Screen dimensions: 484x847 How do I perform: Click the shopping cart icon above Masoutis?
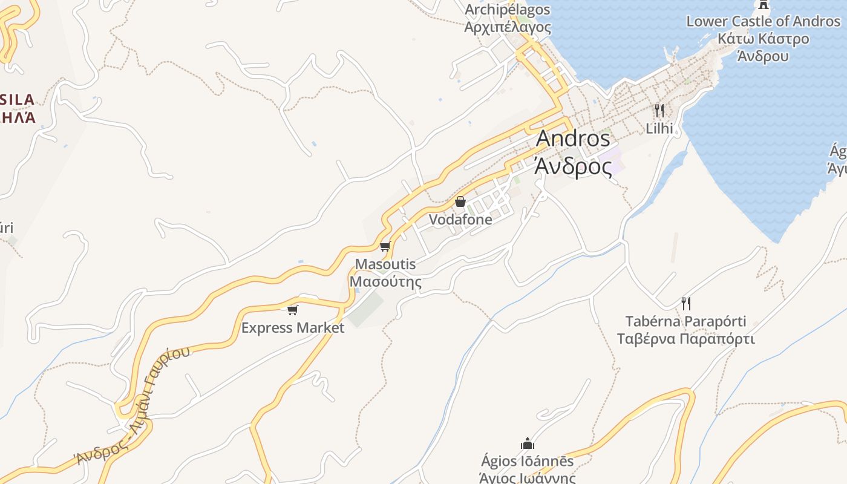(x=385, y=246)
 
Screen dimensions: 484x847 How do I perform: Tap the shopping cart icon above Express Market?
(x=293, y=310)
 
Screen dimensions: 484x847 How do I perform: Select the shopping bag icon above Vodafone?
(x=460, y=201)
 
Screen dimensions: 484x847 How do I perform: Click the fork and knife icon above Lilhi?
(x=659, y=111)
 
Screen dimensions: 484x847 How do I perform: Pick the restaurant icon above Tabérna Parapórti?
(x=685, y=303)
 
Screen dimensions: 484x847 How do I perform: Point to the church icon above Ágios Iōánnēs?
(x=528, y=443)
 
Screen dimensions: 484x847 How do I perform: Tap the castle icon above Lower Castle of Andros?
(x=764, y=5)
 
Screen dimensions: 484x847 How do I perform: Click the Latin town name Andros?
(x=573, y=139)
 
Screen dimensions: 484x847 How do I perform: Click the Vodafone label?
(x=460, y=220)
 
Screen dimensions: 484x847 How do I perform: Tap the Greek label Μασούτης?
(x=385, y=282)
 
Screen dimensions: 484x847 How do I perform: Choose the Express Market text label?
(x=293, y=328)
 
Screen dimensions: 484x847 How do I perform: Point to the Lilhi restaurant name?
(x=659, y=128)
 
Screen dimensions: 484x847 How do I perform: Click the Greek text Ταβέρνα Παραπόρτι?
(x=685, y=338)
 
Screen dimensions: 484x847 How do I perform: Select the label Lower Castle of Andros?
(x=763, y=21)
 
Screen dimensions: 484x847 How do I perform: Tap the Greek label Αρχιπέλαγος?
(x=508, y=27)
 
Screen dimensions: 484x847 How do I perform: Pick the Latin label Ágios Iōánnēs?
(x=527, y=461)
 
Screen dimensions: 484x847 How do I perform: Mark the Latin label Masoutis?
(x=385, y=264)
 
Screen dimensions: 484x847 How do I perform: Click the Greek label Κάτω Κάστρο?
(x=763, y=39)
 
